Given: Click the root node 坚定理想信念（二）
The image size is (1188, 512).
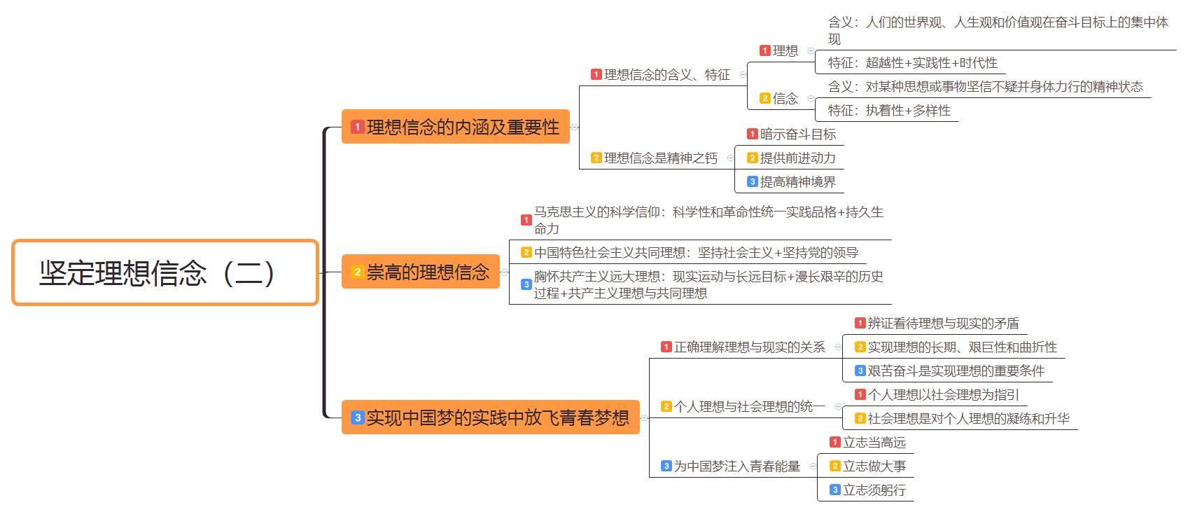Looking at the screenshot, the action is point(165,272).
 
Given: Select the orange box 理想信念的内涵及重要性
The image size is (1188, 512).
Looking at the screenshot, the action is point(456,127).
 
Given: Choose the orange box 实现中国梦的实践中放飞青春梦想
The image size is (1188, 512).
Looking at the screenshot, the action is point(491,417).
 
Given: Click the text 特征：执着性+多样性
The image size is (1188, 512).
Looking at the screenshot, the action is point(889,111).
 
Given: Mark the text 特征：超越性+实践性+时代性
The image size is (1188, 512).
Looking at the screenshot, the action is point(912,63).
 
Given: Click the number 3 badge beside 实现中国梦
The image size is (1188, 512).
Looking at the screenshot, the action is point(357,418).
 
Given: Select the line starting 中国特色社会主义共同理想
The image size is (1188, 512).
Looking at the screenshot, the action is point(696,253).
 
